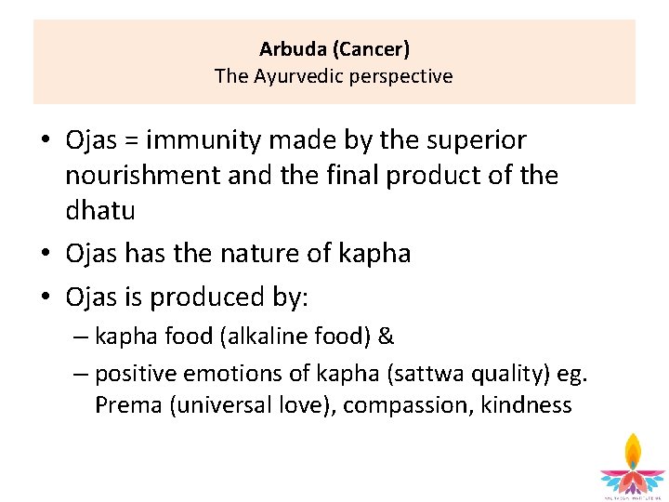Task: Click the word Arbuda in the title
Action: [289, 48]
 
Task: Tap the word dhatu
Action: [100, 211]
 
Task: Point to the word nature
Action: [257, 254]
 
